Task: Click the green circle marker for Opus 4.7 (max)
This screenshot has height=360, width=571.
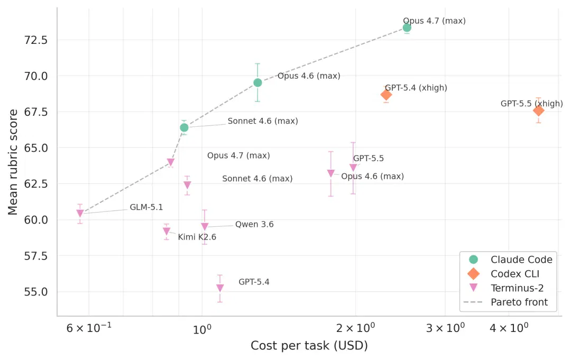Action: (407, 27)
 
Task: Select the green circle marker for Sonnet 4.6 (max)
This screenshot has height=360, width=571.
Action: (185, 127)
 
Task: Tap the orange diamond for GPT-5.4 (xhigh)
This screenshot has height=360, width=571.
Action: (386, 95)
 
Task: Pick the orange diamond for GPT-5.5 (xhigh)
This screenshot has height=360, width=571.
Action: (538, 110)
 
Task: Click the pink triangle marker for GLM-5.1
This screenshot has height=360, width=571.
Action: (80, 213)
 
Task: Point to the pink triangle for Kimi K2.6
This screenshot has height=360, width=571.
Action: (167, 231)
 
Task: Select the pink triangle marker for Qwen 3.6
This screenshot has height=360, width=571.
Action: (205, 226)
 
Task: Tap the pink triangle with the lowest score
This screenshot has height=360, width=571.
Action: (220, 288)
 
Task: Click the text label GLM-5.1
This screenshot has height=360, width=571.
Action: (146, 207)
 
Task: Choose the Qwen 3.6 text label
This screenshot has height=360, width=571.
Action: (254, 224)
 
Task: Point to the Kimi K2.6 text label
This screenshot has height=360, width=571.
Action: (197, 237)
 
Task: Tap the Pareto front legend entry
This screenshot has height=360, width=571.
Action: (506, 302)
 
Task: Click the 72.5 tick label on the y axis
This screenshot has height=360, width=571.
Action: (36, 40)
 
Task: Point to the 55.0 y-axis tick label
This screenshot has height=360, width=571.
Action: (36, 292)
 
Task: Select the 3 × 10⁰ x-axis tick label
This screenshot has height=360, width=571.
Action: (445, 328)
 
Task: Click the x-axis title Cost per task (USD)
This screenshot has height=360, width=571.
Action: (309, 345)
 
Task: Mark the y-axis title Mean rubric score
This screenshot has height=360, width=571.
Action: (13, 162)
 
